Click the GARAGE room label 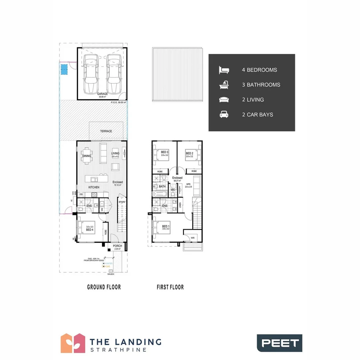click(x=102, y=94)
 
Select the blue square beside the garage click(x=64, y=70)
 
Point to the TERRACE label click(x=106, y=131)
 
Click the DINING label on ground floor click(x=87, y=156)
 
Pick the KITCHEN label click(x=94, y=187)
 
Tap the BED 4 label click(x=89, y=230)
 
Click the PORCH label click(x=117, y=246)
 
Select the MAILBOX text click(x=111, y=274)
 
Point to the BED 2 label click(x=190, y=153)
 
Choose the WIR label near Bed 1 click(x=193, y=238)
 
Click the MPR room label click(x=188, y=184)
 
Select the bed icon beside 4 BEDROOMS click(x=224, y=70)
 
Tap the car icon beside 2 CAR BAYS click(x=224, y=115)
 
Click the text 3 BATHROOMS click(x=261, y=85)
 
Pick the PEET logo click(x=279, y=343)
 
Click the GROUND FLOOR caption click(x=104, y=287)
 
